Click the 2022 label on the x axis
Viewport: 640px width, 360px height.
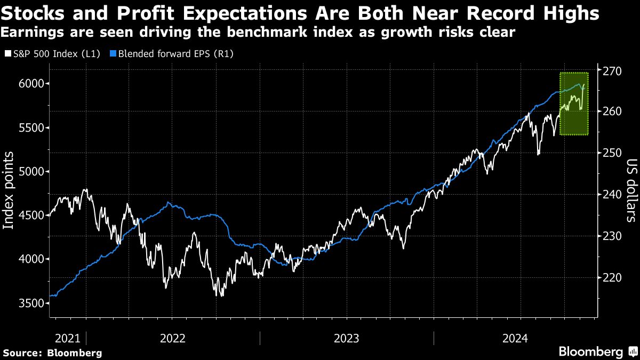coord(172,338)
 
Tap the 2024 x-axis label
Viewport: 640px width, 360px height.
coord(515,338)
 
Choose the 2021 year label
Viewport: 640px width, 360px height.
coord(67,338)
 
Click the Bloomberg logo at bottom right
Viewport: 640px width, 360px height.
coord(597,351)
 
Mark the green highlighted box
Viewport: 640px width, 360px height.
coord(574,104)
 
